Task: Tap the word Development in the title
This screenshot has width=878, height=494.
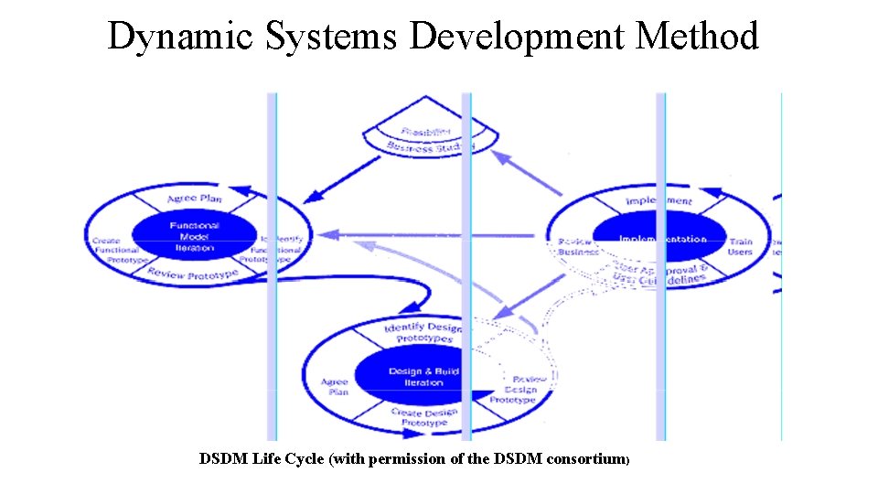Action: tap(517, 37)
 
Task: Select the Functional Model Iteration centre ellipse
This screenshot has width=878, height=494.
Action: tap(194, 236)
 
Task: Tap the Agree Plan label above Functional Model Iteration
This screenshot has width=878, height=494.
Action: tap(194, 199)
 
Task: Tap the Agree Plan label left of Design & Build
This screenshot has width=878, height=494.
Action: tap(335, 387)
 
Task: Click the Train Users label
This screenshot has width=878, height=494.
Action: tap(740, 247)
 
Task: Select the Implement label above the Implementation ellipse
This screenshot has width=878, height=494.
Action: tap(658, 200)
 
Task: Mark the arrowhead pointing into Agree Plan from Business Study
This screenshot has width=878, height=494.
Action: tap(310, 197)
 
